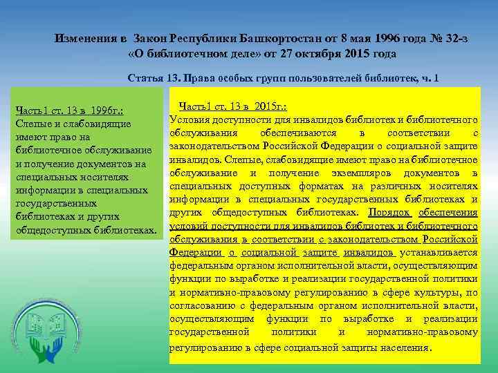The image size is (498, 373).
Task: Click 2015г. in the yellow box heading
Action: click(x=270, y=106)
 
